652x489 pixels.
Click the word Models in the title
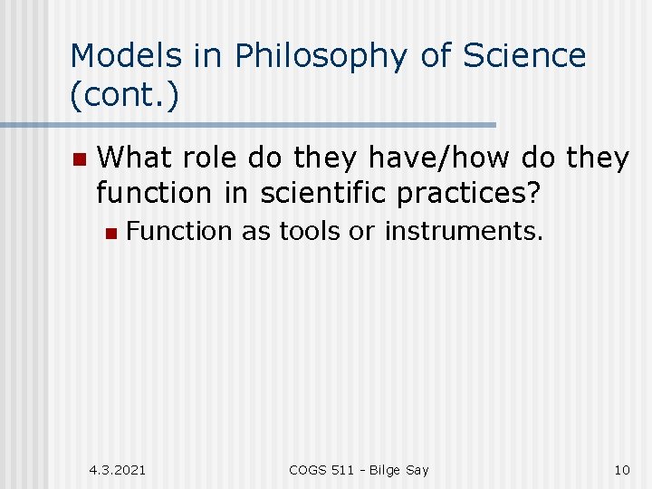(x=126, y=56)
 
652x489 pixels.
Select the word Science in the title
(x=525, y=56)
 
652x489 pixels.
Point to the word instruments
(x=464, y=232)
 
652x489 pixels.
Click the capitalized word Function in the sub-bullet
(x=179, y=232)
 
